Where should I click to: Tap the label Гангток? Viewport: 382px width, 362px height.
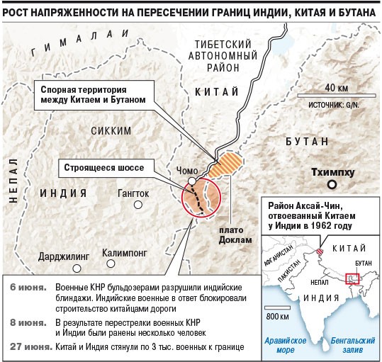tap(133, 193)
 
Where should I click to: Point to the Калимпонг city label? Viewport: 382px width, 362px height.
tap(124, 252)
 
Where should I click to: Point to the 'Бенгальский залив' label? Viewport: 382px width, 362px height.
tap(351, 345)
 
